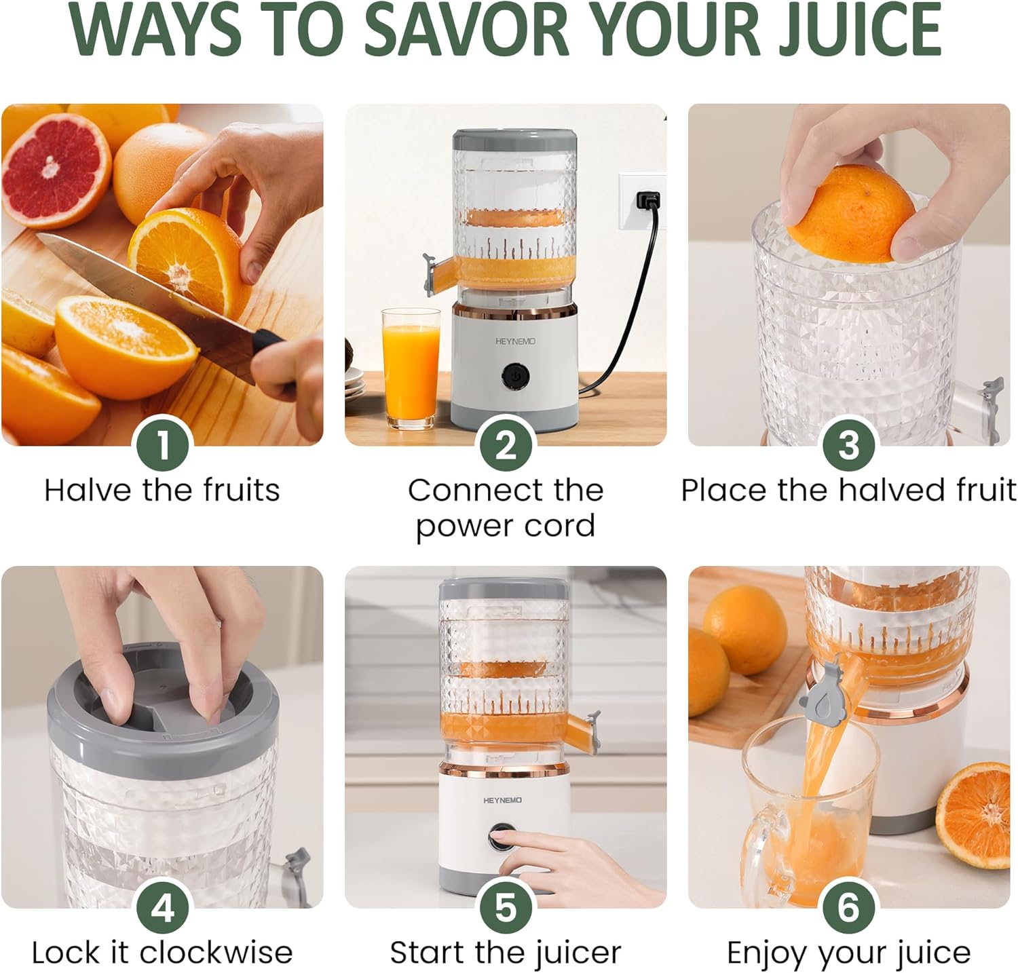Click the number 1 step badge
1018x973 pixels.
pos(163,445)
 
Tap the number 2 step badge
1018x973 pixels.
pos(506,445)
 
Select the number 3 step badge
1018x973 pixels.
pos(848,445)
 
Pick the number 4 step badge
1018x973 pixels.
pos(163,908)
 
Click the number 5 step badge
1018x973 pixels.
pos(506,908)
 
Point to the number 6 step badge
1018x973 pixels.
pos(848,908)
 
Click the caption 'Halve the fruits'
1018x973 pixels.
pos(162,490)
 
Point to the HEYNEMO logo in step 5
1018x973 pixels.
pos(503,801)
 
